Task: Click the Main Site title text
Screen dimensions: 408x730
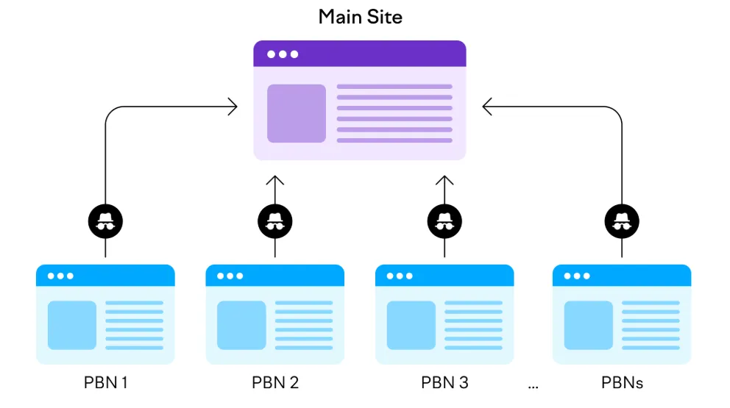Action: tap(360, 17)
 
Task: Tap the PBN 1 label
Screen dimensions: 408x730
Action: tap(105, 383)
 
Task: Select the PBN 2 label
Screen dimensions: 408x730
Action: tap(275, 383)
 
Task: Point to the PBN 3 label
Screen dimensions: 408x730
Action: tap(444, 383)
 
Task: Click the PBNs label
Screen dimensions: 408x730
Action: tap(622, 383)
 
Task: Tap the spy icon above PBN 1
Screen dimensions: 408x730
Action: tap(105, 219)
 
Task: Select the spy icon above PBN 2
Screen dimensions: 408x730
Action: tap(275, 219)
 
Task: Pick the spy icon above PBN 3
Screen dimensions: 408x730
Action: tap(444, 219)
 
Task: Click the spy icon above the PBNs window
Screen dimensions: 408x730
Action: tap(622, 219)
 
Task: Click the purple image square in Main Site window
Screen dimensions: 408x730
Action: tap(297, 113)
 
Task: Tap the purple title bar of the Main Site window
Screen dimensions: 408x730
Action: tap(360, 54)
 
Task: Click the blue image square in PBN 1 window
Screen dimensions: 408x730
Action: tap(72, 325)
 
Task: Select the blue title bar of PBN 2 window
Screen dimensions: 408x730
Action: tap(275, 276)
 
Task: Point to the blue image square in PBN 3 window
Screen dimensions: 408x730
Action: tap(411, 325)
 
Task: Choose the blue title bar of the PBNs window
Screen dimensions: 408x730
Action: tap(622, 276)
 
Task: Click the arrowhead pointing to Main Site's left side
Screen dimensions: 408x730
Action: tap(233, 107)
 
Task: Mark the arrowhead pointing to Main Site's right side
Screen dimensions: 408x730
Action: tap(487, 107)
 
